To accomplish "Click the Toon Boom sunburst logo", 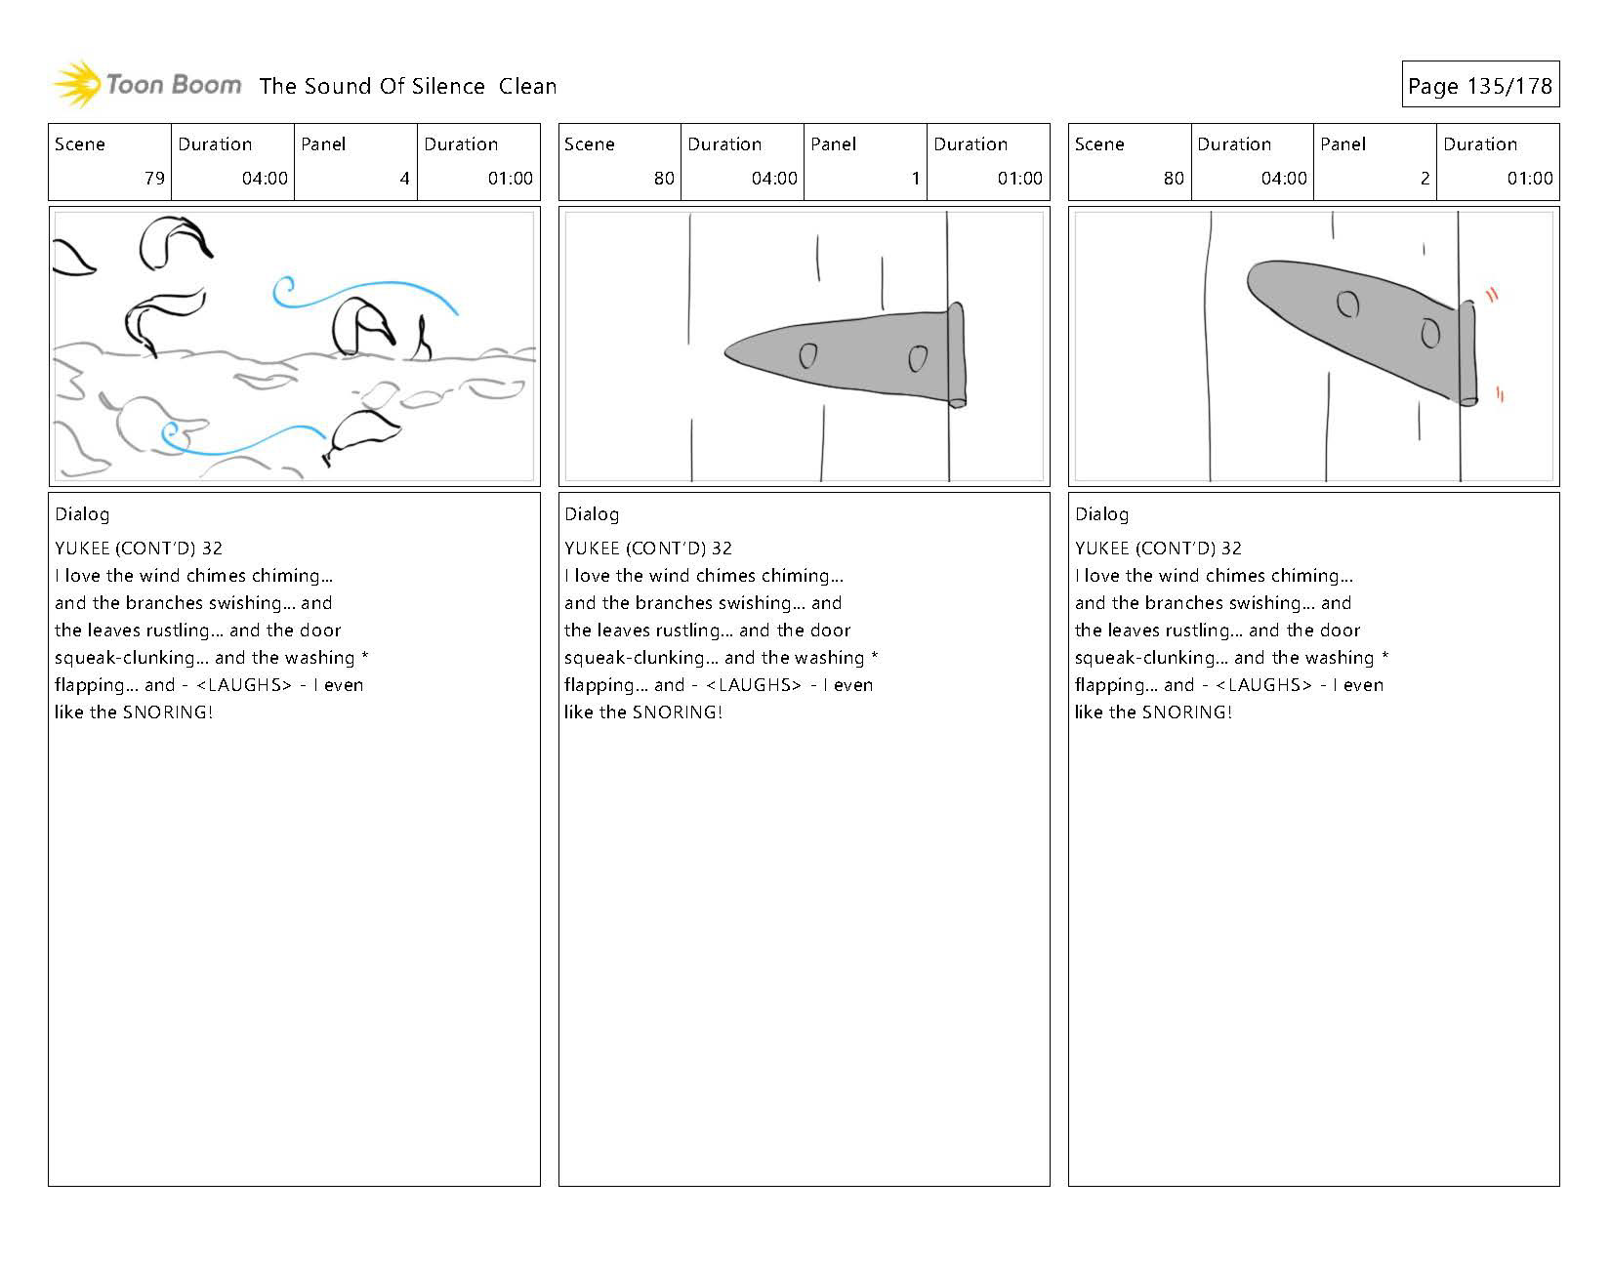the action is click(x=77, y=85).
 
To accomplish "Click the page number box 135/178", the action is click(x=1479, y=86).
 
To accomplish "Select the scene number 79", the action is click(x=154, y=179).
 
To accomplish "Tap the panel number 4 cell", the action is click(x=403, y=179).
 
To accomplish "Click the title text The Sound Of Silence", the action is click(x=372, y=87).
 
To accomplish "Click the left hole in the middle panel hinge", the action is click(x=807, y=355).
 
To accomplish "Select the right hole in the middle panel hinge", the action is click(x=917, y=358).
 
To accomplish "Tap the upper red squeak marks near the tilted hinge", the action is click(x=1492, y=294).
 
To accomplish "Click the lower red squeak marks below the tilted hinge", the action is click(x=1499, y=394).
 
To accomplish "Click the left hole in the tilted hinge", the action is click(x=1347, y=305).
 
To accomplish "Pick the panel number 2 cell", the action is click(x=1424, y=179).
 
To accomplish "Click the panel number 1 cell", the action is click(x=915, y=179).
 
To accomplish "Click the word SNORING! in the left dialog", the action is click(x=168, y=712).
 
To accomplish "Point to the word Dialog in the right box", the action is click(x=1101, y=514).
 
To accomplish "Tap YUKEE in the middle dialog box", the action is click(x=592, y=549).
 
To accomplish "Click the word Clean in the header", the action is click(x=527, y=87).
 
